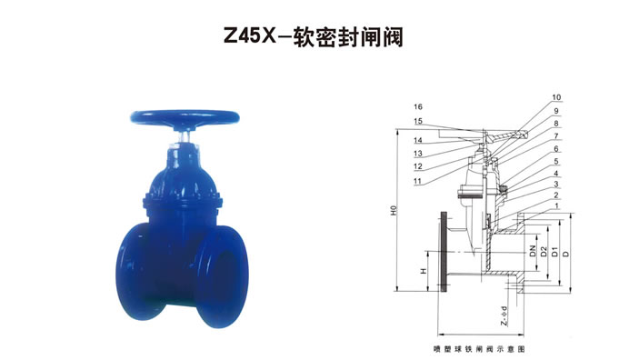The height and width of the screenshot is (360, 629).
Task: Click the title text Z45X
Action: tap(250, 37)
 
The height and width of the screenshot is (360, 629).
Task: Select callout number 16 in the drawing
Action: tap(418, 106)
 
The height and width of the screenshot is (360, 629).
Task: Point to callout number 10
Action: tap(556, 97)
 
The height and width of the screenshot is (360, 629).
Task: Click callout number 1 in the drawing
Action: tap(556, 205)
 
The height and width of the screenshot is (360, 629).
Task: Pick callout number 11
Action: tap(418, 181)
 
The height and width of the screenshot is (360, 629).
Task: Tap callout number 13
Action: tap(418, 153)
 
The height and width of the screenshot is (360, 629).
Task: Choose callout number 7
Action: tap(556, 136)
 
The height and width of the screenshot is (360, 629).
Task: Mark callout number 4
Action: tap(556, 174)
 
